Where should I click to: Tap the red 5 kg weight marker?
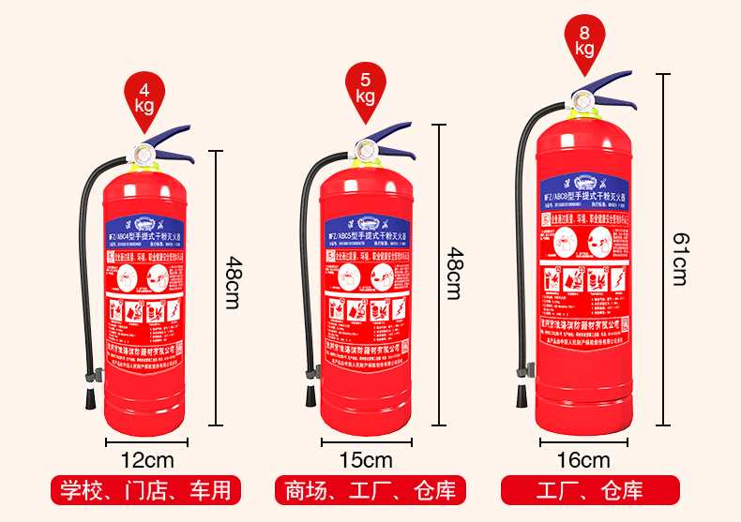[365, 87]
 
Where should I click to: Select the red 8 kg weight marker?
[585, 39]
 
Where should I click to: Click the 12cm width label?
[146, 460]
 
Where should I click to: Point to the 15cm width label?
[366, 460]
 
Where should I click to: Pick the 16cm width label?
[583, 460]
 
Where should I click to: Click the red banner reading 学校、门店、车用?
[145, 490]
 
